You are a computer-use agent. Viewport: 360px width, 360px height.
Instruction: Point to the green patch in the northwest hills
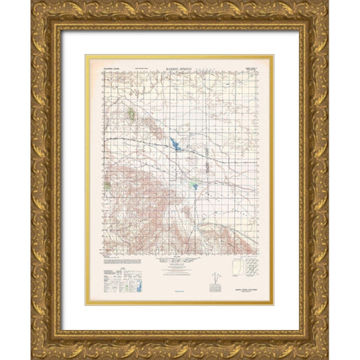(131, 115)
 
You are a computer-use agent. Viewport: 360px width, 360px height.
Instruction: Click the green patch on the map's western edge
(109, 186)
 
